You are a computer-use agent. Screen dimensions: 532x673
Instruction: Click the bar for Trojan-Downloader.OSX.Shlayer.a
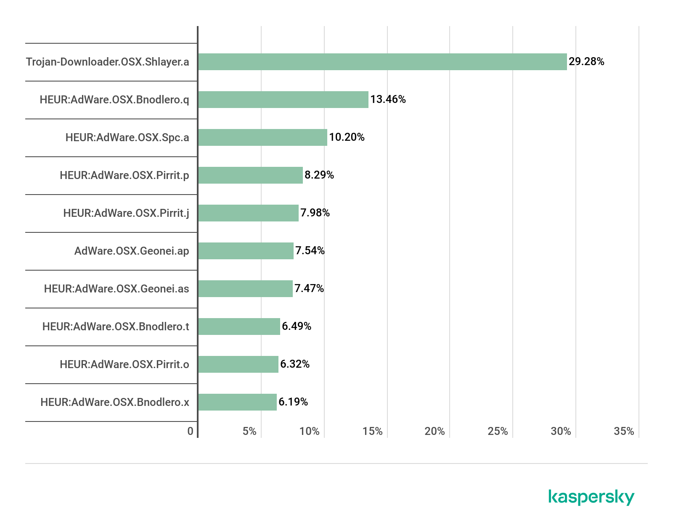coord(382,62)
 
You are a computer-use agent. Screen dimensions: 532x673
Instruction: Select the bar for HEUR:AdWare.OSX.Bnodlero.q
coord(283,100)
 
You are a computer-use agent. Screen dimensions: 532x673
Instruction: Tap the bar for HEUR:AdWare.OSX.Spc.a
coord(262,137)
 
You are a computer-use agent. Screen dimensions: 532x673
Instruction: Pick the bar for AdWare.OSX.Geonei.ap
coord(246,251)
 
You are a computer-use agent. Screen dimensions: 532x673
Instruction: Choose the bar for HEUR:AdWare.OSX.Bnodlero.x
coord(237,402)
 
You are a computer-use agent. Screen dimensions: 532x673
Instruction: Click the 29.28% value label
coord(586,62)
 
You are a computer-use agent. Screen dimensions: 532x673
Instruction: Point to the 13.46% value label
coord(388,100)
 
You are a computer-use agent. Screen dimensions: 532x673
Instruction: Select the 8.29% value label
coord(319,175)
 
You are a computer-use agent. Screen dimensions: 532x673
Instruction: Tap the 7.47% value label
coord(309,289)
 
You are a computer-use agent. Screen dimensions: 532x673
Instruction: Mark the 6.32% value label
coord(295,364)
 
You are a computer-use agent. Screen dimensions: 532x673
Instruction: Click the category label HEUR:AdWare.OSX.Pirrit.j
coord(126,213)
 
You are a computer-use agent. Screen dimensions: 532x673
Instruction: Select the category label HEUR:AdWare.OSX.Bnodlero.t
coord(116,327)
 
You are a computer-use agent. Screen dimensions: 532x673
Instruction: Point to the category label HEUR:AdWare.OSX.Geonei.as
coord(117,289)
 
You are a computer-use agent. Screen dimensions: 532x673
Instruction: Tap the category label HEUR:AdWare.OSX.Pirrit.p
coord(125,175)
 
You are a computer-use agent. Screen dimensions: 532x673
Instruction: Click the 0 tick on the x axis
coord(191,431)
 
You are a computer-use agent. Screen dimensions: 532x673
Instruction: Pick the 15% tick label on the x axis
coord(372,431)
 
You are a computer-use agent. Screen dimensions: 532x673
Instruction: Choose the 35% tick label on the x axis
coord(624,431)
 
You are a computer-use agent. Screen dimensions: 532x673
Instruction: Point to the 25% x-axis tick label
coord(498,431)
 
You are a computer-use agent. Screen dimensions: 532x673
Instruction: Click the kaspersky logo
coord(591,497)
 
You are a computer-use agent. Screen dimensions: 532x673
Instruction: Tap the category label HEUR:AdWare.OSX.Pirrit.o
coord(125,364)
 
